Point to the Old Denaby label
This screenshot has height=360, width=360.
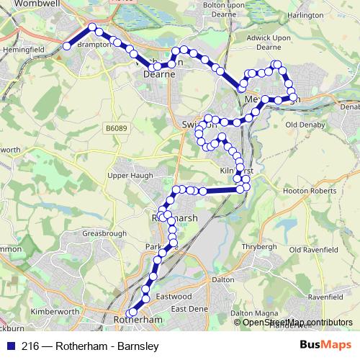(307, 125)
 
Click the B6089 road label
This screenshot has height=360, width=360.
(114, 127)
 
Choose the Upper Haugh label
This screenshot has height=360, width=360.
(127, 176)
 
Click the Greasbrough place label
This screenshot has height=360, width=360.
(104, 234)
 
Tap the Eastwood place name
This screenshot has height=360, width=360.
(174, 297)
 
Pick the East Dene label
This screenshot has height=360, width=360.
(189, 309)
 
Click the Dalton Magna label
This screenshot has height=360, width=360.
(254, 313)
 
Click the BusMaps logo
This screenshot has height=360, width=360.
(326, 346)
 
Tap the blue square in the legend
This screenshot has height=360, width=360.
(10, 346)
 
